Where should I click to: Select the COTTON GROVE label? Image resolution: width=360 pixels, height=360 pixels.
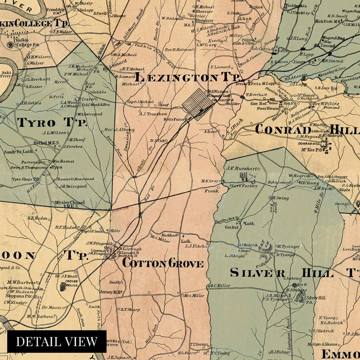point(163,263)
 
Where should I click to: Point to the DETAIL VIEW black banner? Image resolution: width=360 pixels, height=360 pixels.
point(57,341)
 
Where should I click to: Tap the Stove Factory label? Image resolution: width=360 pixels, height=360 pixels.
point(243,186)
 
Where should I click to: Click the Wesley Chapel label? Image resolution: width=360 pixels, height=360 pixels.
point(69,202)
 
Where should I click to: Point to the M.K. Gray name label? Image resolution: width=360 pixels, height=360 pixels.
point(210,181)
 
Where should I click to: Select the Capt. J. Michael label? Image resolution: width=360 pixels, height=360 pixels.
point(140,101)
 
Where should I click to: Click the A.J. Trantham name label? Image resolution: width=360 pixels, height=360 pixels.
point(154,113)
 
